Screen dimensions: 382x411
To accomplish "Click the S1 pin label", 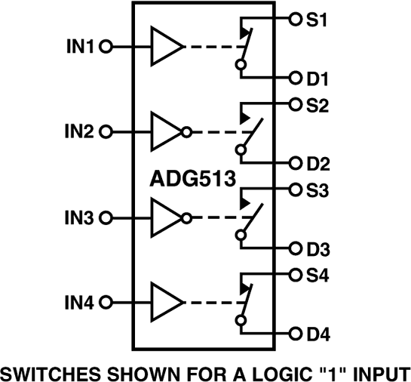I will tap(316, 19).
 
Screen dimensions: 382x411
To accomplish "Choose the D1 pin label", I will tap(317, 78).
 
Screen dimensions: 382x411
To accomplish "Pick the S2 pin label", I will tap(316, 105).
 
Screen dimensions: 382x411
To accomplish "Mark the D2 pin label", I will tap(317, 163).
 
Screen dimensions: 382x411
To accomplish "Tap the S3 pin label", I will tap(316, 190).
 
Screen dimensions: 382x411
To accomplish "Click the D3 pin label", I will tap(317, 248).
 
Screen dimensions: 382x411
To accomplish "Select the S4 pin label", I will tap(316, 276).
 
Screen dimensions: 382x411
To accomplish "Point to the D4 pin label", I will tap(317, 334).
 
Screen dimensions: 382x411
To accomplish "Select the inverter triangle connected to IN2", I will tap(166, 132).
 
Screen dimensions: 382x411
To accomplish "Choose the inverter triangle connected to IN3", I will tap(166, 218).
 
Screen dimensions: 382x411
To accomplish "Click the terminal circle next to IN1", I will tap(106, 47).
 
